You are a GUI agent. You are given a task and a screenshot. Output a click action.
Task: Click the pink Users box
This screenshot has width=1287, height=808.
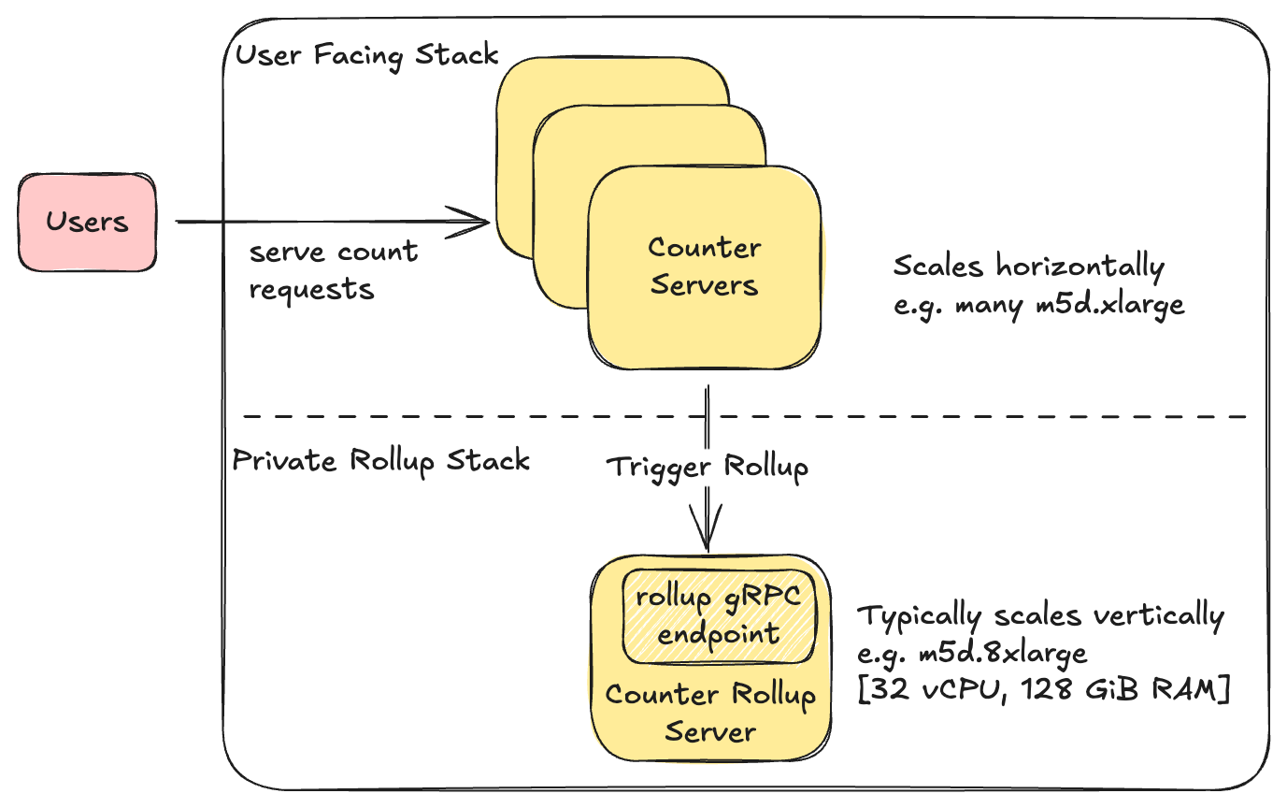point(87,223)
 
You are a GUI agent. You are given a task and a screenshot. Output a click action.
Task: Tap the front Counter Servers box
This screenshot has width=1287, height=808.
point(704,267)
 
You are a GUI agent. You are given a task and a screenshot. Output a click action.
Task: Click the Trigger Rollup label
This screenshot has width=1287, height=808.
point(708,466)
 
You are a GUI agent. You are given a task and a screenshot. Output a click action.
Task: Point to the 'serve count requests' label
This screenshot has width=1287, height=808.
point(332,270)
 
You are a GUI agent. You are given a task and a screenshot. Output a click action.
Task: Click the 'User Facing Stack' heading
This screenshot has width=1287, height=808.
point(366,55)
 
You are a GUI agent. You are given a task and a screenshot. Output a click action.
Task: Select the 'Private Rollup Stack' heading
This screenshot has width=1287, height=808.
point(380,460)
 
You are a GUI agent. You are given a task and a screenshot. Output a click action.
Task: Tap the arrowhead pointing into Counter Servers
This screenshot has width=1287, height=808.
point(480,223)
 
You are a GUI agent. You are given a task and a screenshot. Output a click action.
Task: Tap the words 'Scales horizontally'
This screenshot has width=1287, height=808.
point(1028,267)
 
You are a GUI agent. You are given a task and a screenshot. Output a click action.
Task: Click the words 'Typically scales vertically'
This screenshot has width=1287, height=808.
point(1040,616)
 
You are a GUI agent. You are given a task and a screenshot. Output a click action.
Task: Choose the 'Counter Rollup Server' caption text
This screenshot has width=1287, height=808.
point(709,712)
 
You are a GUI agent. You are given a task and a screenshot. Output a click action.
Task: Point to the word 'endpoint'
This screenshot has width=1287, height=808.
point(718,634)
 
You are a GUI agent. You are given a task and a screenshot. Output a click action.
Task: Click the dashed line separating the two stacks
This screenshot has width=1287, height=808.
point(935,416)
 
